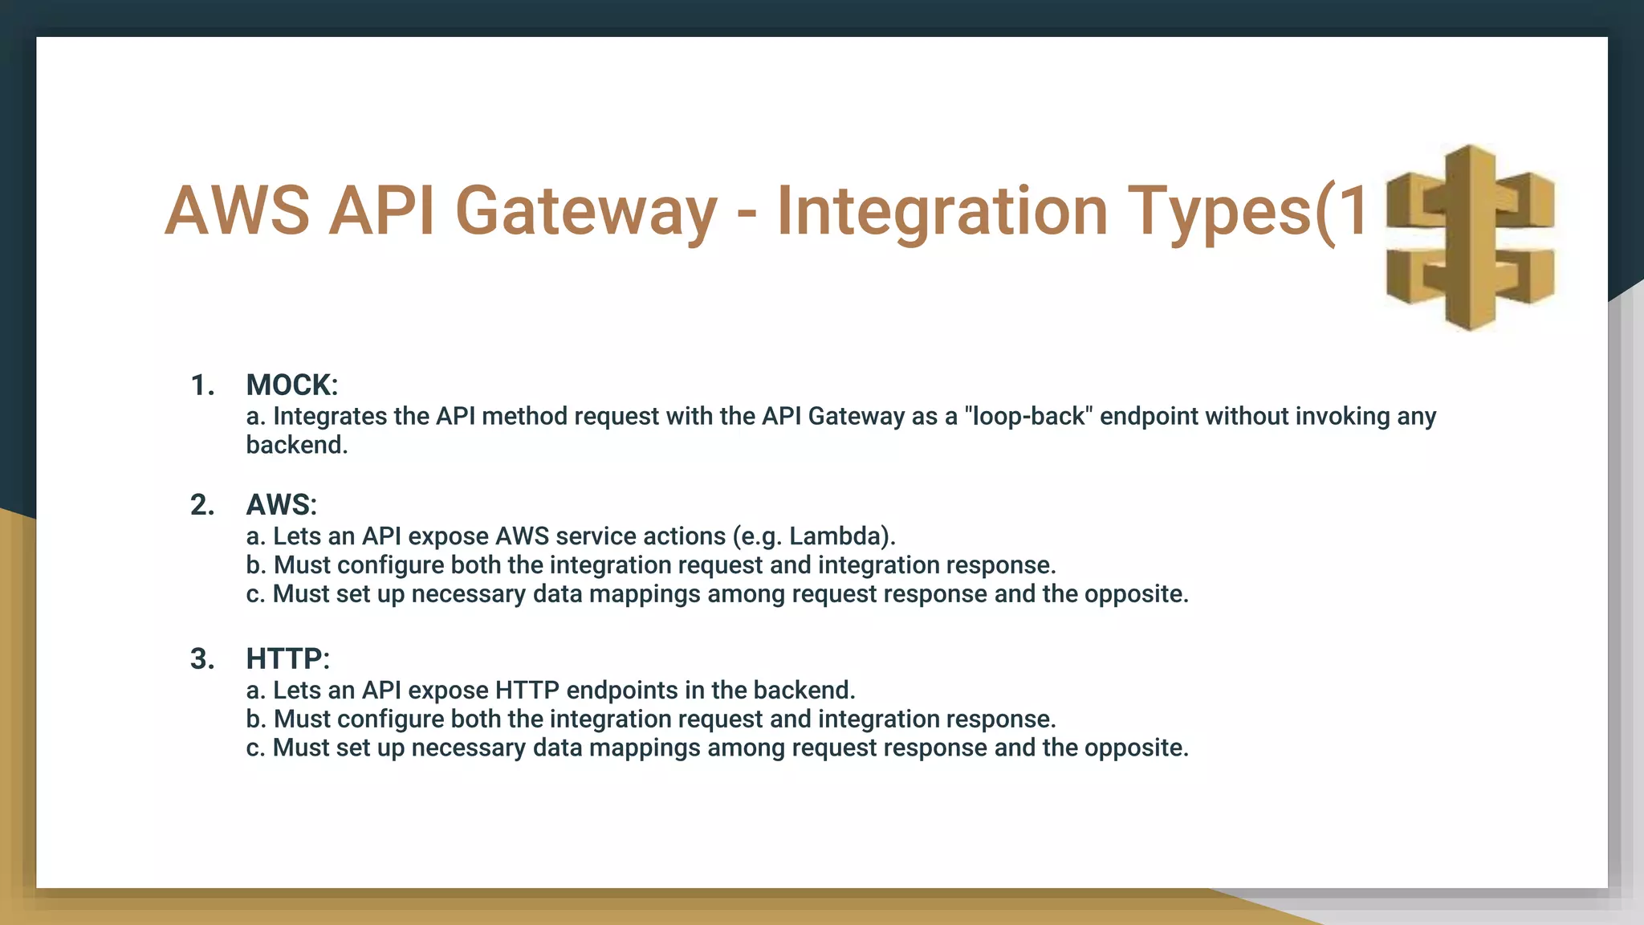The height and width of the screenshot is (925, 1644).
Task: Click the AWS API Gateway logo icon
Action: click(x=1470, y=238)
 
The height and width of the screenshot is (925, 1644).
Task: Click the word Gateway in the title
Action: click(x=585, y=212)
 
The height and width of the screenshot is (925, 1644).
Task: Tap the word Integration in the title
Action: click(x=942, y=212)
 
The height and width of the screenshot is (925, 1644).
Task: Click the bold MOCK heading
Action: click(x=290, y=385)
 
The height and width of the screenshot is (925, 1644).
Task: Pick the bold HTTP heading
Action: click(x=286, y=659)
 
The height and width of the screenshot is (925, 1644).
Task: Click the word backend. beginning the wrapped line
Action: click(x=296, y=445)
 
